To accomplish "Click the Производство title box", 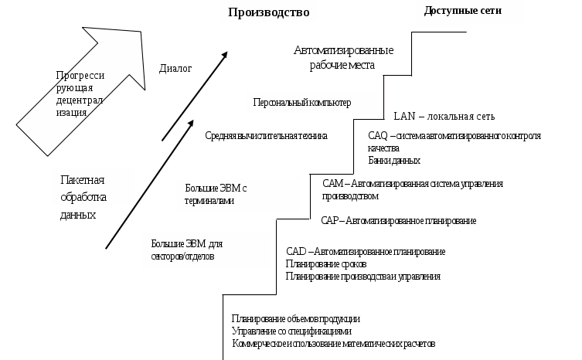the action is coord(268,13).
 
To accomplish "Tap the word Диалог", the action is coord(175,68).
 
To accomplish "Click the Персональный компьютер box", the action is coord(310,102).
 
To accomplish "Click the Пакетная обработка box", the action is coord(92,188).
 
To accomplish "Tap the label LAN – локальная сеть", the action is coord(444,117).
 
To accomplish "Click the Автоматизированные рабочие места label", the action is coord(344,58).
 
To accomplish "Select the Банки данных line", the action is coord(394,161).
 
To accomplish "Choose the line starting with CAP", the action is coord(398,221).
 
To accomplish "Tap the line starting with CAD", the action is coord(365,252).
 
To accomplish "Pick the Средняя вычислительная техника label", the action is coord(266,136).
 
